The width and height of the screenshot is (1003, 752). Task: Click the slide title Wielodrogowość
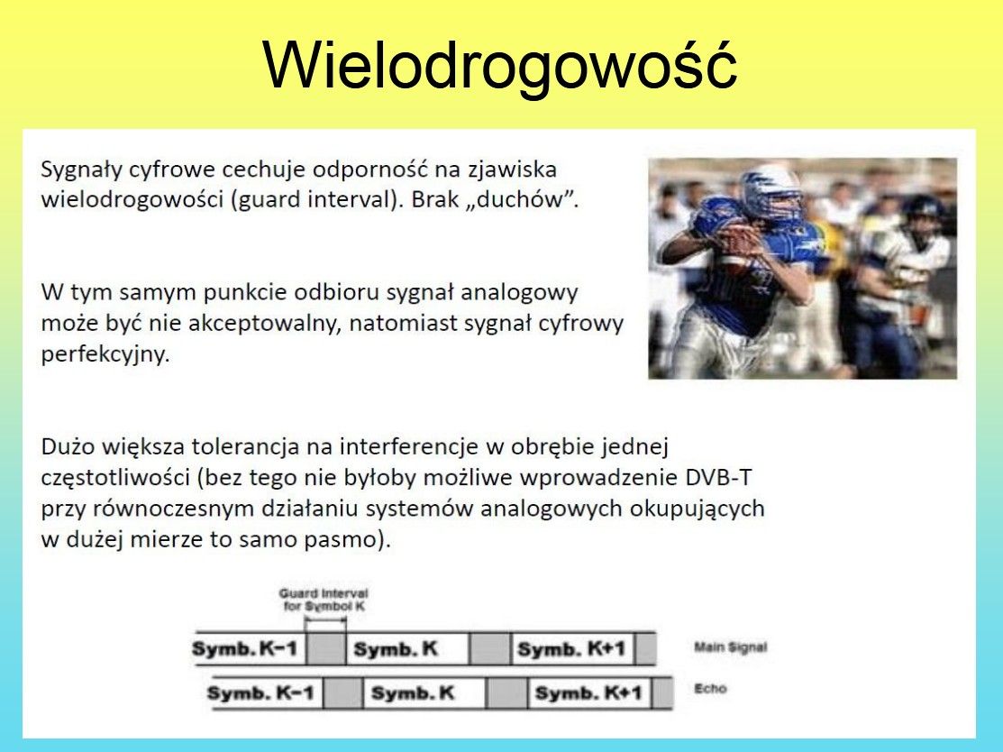[499, 65]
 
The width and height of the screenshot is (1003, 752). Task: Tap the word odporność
[370, 170]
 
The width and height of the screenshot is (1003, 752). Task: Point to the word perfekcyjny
[105, 354]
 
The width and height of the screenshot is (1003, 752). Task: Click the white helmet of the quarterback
[770, 191]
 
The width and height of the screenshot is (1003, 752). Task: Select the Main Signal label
[730, 647]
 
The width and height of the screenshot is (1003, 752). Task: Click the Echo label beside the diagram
[711, 689]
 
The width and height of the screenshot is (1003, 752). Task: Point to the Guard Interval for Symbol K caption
[324, 600]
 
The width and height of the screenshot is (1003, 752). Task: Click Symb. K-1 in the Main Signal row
[245, 649]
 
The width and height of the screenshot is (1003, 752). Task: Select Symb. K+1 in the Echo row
[588, 693]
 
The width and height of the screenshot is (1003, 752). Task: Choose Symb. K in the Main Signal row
[396, 649]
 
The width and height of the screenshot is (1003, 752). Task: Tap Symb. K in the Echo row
[413, 693]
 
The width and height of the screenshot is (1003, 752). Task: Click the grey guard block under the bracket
[325, 648]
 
